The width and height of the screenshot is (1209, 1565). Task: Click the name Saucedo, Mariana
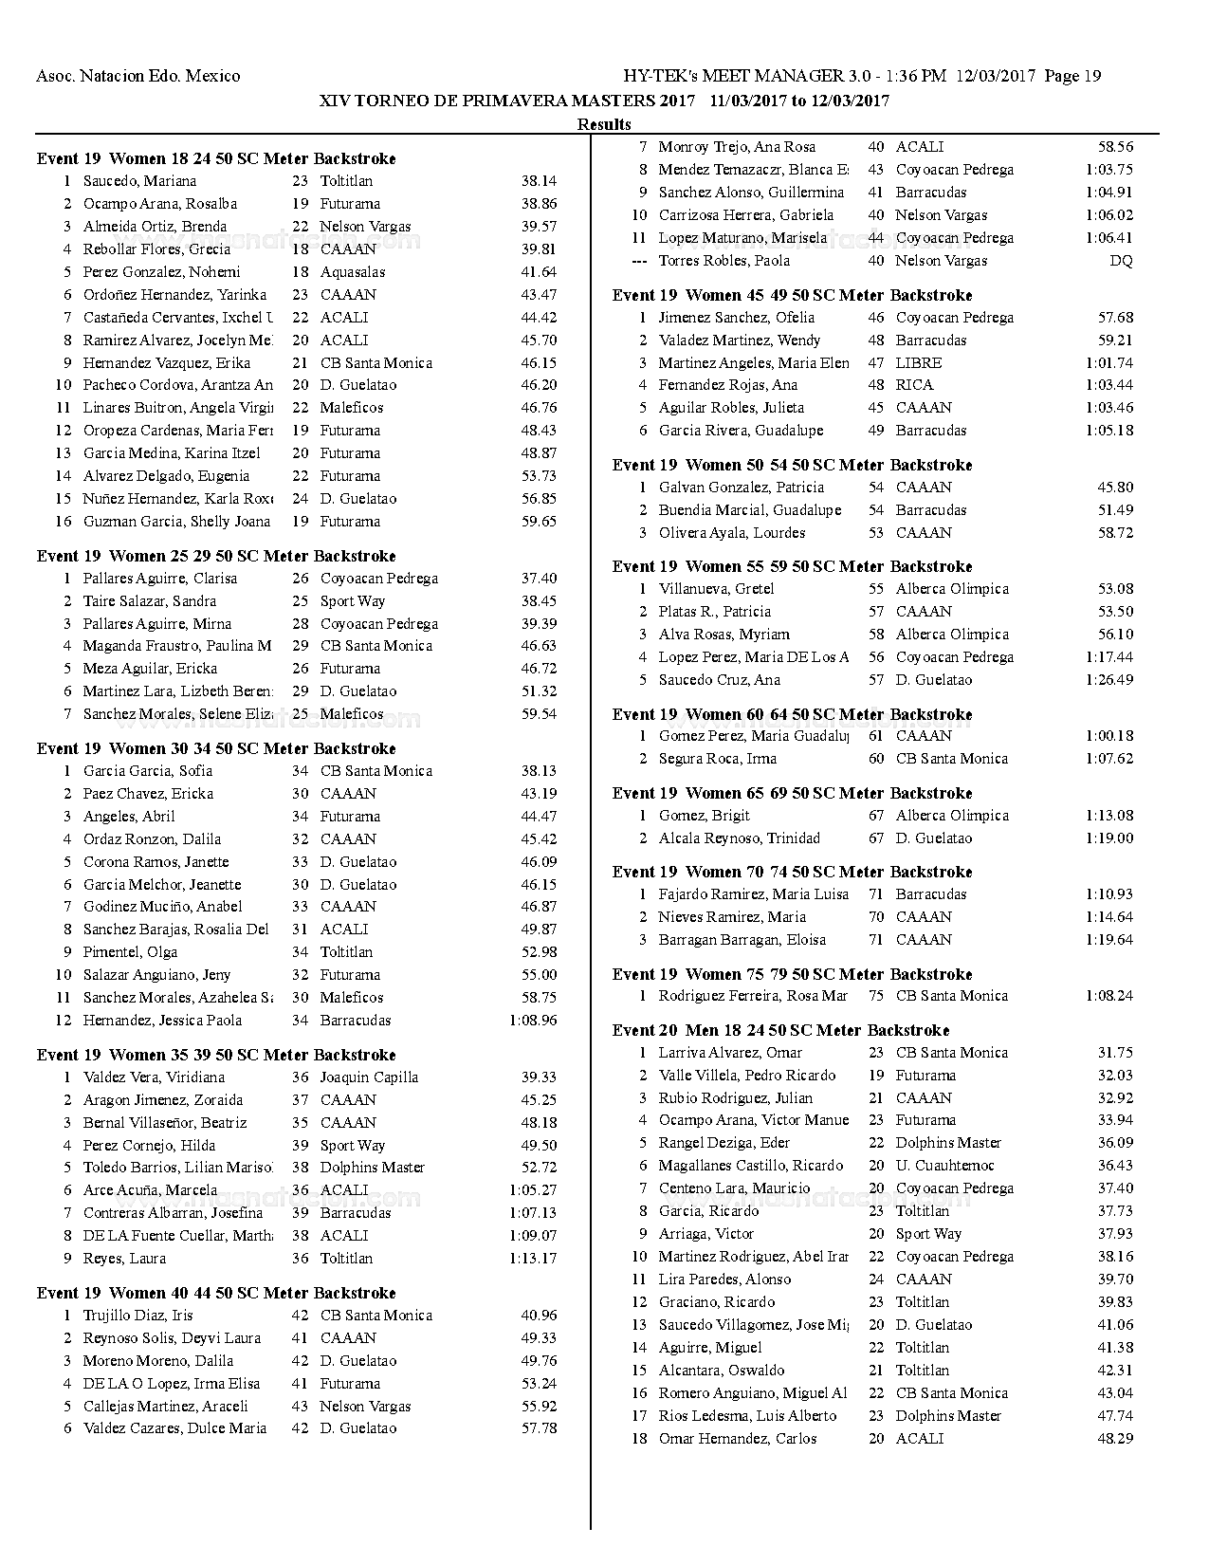pyautogui.click(x=139, y=181)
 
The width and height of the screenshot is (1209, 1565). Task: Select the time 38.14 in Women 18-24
pyautogui.click(x=539, y=181)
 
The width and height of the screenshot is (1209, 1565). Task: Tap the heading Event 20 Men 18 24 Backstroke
pyautogui.click(x=780, y=1030)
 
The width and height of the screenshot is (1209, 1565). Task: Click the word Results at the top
pyautogui.click(x=604, y=124)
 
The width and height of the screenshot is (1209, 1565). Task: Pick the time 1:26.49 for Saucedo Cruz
pyautogui.click(x=1109, y=680)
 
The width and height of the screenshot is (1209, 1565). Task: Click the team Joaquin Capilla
pyautogui.click(x=369, y=1077)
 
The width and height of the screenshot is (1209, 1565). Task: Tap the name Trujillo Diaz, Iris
pyautogui.click(x=137, y=1316)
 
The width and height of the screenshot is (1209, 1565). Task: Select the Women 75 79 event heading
pyautogui.click(x=792, y=974)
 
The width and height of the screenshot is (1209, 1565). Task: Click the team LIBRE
pyautogui.click(x=919, y=363)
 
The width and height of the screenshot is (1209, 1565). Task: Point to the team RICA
pyautogui.click(x=914, y=385)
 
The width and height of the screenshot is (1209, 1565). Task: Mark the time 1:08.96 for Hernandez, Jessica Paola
pyautogui.click(x=533, y=1021)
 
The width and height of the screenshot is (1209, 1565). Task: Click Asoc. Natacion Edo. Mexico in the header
pyautogui.click(x=137, y=76)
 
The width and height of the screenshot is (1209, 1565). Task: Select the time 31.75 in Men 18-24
pyautogui.click(x=1115, y=1053)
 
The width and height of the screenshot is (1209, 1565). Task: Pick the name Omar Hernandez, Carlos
pyautogui.click(x=738, y=1439)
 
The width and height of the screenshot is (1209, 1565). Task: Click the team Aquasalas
pyautogui.click(x=353, y=272)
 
